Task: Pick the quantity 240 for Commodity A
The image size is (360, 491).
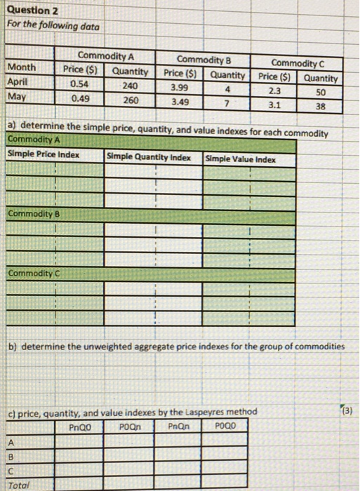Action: pyautogui.click(x=129, y=85)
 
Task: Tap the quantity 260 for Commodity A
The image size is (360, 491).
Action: pyautogui.click(x=129, y=99)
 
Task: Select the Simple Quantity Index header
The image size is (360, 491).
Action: pyautogui.click(x=149, y=157)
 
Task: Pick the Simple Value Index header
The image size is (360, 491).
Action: pyautogui.click(x=241, y=159)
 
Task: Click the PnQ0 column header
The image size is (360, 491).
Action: pyautogui.click(x=81, y=426)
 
